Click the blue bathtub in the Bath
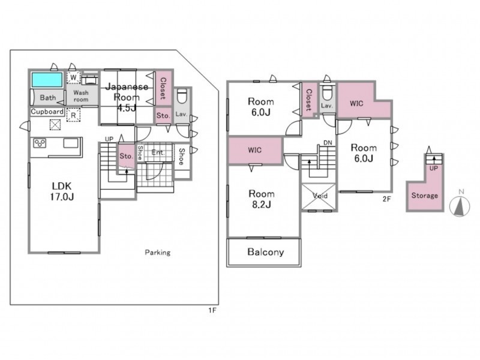[x=47, y=80]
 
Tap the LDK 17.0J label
[x=62, y=191]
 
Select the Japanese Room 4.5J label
[x=127, y=97]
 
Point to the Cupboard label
[x=47, y=112]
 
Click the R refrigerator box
[x=73, y=115]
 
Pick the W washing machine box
[x=73, y=77]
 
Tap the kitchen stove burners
[x=40, y=143]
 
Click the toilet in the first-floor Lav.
[x=182, y=97]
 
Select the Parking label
[x=158, y=253]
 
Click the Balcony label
[x=265, y=252]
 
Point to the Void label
[x=320, y=196]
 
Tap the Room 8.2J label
[x=262, y=199]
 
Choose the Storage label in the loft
[x=425, y=196]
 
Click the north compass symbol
[x=460, y=206]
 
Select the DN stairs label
[x=328, y=143]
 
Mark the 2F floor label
[x=386, y=199]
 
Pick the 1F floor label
[x=212, y=310]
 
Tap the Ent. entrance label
[x=158, y=152]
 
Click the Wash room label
[x=81, y=96]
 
